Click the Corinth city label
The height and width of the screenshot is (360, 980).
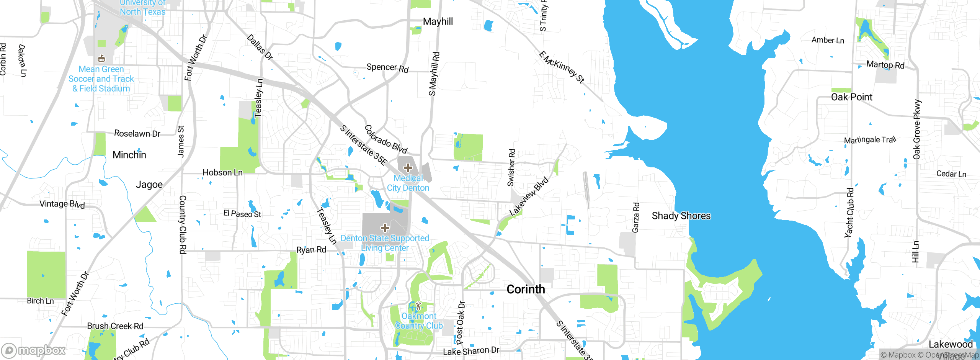[x=526, y=289]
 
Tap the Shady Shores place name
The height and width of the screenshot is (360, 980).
[x=681, y=216]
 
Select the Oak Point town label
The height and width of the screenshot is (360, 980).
[x=851, y=97]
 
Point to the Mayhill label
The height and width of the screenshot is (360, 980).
[x=438, y=21]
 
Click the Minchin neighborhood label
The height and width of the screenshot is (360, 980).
[x=129, y=155]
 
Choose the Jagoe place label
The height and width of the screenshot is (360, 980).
[x=149, y=185]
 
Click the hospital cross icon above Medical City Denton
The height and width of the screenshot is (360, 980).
[x=408, y=168]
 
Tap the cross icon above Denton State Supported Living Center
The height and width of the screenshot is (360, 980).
[x=385, y=228]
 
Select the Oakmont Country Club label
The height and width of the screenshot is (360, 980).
[x=419, y=321]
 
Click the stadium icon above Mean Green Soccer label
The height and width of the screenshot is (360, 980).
[x=101, y=59]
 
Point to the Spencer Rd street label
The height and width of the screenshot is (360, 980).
[x=387, y=68]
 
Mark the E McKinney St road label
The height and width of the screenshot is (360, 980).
[x=562, y=67]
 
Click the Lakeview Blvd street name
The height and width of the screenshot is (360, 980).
[x=529, y=196]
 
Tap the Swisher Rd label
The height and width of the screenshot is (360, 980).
[x=511, y=168]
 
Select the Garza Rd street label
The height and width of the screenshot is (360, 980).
[x=635, y=218]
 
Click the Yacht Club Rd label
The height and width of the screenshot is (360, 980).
[x=849, y=213]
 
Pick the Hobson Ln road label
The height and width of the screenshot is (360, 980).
[x=222, y=173]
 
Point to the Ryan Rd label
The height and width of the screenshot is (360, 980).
[x=311, y=250]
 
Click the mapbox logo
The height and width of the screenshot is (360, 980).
[x=34, y=350]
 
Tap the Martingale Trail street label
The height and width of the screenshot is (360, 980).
[x=870, y=140]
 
